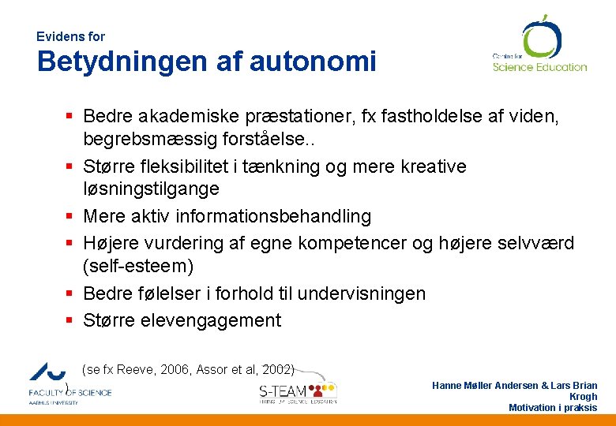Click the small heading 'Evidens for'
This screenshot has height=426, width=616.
pyautogui.click(x=70, y=36)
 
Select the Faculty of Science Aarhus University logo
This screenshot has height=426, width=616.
pyautogui.click(x=69, y=383)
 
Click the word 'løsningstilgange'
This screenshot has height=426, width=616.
pyautogui.click(x=151, y=189)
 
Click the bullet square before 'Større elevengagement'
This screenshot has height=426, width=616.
pyautogui.click(x=69, y=321)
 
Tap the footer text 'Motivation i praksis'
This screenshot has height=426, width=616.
pyautogui.click(x=553, y=408)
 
